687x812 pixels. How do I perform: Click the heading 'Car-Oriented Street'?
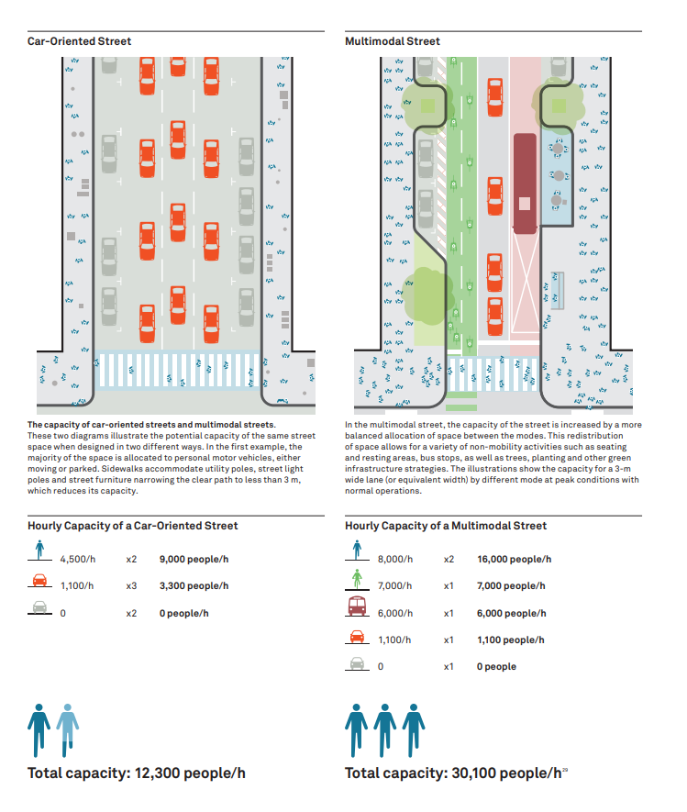click(79, 41)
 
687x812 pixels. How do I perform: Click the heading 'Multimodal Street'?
click(393, 41)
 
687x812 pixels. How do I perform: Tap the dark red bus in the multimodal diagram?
click(525, 184)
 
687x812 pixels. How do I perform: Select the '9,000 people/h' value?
click(194, 560)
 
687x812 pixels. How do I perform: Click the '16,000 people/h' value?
click(514, 560)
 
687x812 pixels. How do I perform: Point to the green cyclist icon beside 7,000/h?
click(357, 578)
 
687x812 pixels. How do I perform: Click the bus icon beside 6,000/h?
click(357, 606)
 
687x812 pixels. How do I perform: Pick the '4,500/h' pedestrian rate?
click(78, 560)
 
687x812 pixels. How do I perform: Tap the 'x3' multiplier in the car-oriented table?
click(131, 585)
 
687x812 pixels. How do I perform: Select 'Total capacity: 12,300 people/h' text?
click(137, 773)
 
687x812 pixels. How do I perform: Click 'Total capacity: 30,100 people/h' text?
click(453, 773)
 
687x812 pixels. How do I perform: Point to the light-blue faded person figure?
click(68, 730)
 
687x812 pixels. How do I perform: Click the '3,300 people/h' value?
click(194, 585)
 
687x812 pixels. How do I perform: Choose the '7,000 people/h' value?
click(511, 585)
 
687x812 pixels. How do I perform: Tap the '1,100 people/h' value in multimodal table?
click(511, 640)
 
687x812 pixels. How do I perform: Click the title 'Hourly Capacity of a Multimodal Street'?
click(446, 526)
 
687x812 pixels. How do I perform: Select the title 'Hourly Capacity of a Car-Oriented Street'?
click(132, 526)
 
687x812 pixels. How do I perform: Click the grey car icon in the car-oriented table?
click(39, 606)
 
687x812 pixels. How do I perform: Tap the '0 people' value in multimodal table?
click(496, 666)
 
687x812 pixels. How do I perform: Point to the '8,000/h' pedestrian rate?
click(395, 560)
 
